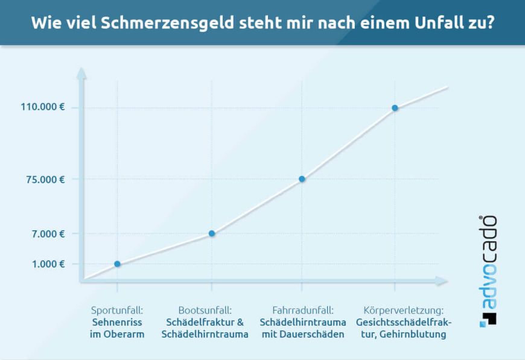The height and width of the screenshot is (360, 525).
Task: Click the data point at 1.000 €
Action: pos(117,264)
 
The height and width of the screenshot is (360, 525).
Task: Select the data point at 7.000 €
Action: pos(212,233)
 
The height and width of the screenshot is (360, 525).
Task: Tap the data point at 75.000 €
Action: pos(302,179)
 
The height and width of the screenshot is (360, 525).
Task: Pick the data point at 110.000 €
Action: pos(395,108)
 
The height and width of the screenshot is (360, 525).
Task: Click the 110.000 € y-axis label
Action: pos(43,107)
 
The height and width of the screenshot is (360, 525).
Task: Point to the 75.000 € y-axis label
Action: pos(45,179)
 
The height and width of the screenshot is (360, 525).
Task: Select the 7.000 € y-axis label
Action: pos(48,233)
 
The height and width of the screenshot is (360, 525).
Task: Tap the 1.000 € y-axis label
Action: pos(48,264)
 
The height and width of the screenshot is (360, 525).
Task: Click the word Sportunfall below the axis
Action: pos(117,311)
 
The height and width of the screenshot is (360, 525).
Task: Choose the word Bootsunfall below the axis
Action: pos(205,311)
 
